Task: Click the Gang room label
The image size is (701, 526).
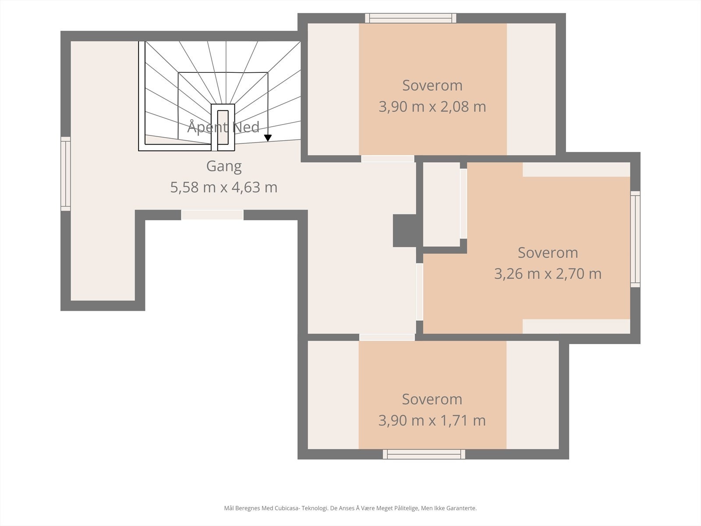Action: pyautogui.click(x=224, y=167)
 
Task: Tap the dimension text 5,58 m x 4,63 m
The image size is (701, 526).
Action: pyautogui.click(x=223, y=187)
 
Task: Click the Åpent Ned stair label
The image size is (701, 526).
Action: pyautogui.click(x=223, y=127)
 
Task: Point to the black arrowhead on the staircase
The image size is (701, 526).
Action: pyautogui.click(x=268, y=138)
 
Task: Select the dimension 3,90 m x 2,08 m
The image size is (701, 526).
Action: pyautogui.click(x=432, y=107)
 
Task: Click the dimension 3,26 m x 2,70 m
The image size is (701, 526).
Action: pyautogui.click(x=548, y=274)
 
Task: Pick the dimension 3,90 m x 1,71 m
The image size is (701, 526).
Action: pyautogui.click(x=432, y=420)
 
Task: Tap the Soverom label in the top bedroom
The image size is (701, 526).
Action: pyautogui.click(x=432, y=85)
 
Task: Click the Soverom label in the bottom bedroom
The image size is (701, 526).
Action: pyautogui.click(x=432, y=399)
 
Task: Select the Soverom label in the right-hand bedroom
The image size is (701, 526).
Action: pyautogui.click(x=548, y=252)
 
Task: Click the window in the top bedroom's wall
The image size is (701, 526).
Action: pyautogui.click(x=411, y=18)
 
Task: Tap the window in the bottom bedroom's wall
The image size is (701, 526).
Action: pyautogui.click(x=424, y=454)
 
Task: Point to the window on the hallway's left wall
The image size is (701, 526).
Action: pyautogui.click(x=65, y=174)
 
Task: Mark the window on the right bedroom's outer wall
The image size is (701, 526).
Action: pyautogui.click(x=635, y=239)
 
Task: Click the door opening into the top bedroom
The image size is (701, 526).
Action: pyautogui.click(x=388, y=159)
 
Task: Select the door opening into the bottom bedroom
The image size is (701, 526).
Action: pyautogui.click(x=387, y=337)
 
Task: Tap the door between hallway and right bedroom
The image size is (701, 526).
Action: pyautogui.click(x=419, y=291)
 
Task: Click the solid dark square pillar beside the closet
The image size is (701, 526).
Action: pyautogui.click(x=405, y=231)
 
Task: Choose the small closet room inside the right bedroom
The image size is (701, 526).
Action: pyautogui.click(x=441, y=204)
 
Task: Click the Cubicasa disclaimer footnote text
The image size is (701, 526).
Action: pyautogui.click(x=350, y=508)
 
